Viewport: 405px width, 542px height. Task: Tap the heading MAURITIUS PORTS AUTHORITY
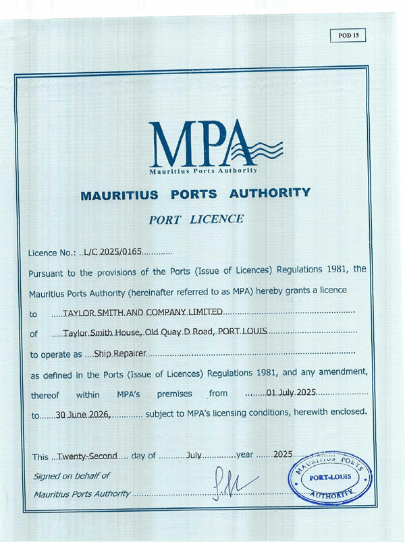[196, 196]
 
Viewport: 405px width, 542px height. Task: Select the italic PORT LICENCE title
[196, 220]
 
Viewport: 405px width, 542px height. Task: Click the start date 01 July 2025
[291, 392]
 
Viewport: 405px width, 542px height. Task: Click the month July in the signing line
[194, 456]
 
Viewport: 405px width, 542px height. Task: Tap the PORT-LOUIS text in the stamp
[331, 479]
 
